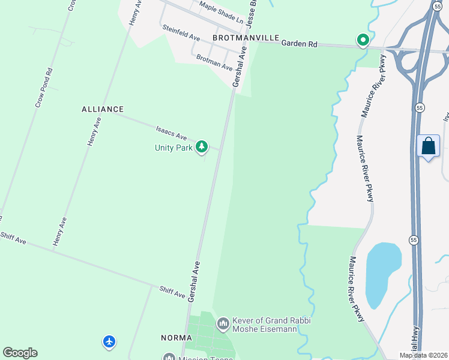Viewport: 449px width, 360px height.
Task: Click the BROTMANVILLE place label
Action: click(246, 38)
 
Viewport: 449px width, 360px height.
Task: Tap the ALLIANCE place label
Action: click(103, 109)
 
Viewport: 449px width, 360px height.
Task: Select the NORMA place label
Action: click(176, 338)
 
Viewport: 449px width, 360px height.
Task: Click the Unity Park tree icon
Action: click(202, 146)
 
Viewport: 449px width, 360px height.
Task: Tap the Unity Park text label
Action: click(173, 148)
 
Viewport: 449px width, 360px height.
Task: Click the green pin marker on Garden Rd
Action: click(363, 40)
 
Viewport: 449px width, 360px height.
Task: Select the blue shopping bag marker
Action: click(428, 146)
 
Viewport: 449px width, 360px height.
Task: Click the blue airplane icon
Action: click(109, 341)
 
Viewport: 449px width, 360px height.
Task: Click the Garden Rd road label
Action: click(299, 43)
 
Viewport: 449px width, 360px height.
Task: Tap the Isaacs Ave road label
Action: click(172, 131)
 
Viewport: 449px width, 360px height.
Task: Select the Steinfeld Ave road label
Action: click(180, 32)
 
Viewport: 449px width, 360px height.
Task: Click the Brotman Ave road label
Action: click(214, 62)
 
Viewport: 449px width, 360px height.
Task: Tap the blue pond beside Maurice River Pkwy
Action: click(382, 274)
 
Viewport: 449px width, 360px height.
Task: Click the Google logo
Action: click(20, 353)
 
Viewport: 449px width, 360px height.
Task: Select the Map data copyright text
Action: click(423, 355)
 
